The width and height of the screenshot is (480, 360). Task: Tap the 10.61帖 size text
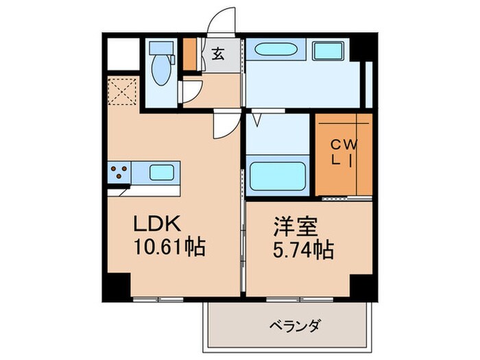(168, 246)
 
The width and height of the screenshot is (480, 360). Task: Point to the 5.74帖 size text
(298, 251)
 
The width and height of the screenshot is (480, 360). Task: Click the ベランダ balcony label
(295, 324)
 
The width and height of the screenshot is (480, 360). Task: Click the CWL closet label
(343, 152)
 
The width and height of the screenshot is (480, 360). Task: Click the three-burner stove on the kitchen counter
(119, 171)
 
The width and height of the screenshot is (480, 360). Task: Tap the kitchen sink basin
(162, 171)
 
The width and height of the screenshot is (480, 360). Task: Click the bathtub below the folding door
(276, 176)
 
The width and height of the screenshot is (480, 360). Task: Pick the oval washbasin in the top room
(276, 51)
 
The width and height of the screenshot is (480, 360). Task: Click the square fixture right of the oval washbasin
(330, 51)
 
